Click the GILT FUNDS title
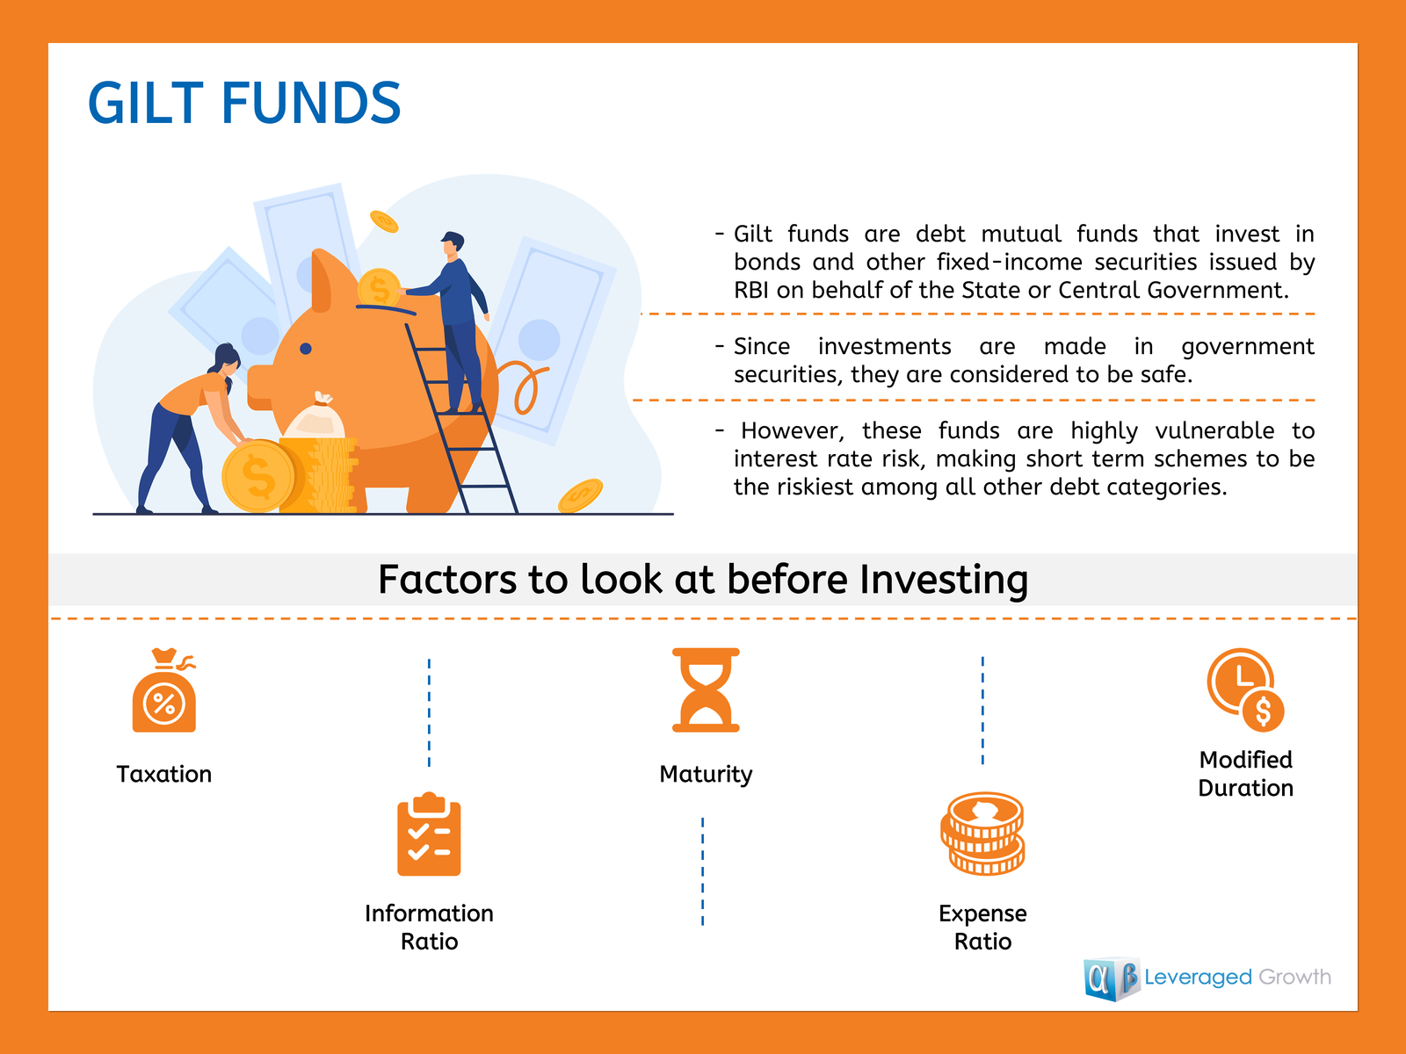244,103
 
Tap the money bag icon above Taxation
164,689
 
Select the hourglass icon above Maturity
706,689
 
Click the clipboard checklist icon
429,834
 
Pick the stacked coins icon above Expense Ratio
982,834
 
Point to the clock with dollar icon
1245,689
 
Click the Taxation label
164,774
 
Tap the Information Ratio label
429,928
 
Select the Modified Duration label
1245,774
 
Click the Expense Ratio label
982,928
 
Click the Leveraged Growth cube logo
1112,978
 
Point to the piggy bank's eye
306,349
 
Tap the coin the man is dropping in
379,289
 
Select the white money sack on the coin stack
315,416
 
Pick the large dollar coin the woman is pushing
258,476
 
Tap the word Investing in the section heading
944,580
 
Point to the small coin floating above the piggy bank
384,221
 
